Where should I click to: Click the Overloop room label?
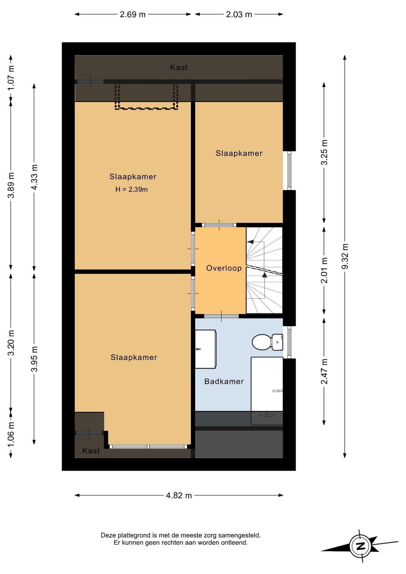224,268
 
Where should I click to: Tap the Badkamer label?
224,381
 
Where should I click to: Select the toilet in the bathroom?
267,342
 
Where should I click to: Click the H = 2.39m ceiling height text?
132,189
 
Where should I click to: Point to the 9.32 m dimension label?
345,256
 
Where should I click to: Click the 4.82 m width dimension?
179,495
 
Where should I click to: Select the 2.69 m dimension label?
133,14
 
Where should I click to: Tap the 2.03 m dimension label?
239,14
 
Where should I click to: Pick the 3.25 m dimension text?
324,152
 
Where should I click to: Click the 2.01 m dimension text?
324,270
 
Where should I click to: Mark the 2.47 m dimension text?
324,372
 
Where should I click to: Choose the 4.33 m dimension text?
34,177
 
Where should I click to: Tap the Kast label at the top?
179,68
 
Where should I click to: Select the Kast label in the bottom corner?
91,451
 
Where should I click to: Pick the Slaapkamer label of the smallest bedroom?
239,153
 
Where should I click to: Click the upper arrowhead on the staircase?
250,242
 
